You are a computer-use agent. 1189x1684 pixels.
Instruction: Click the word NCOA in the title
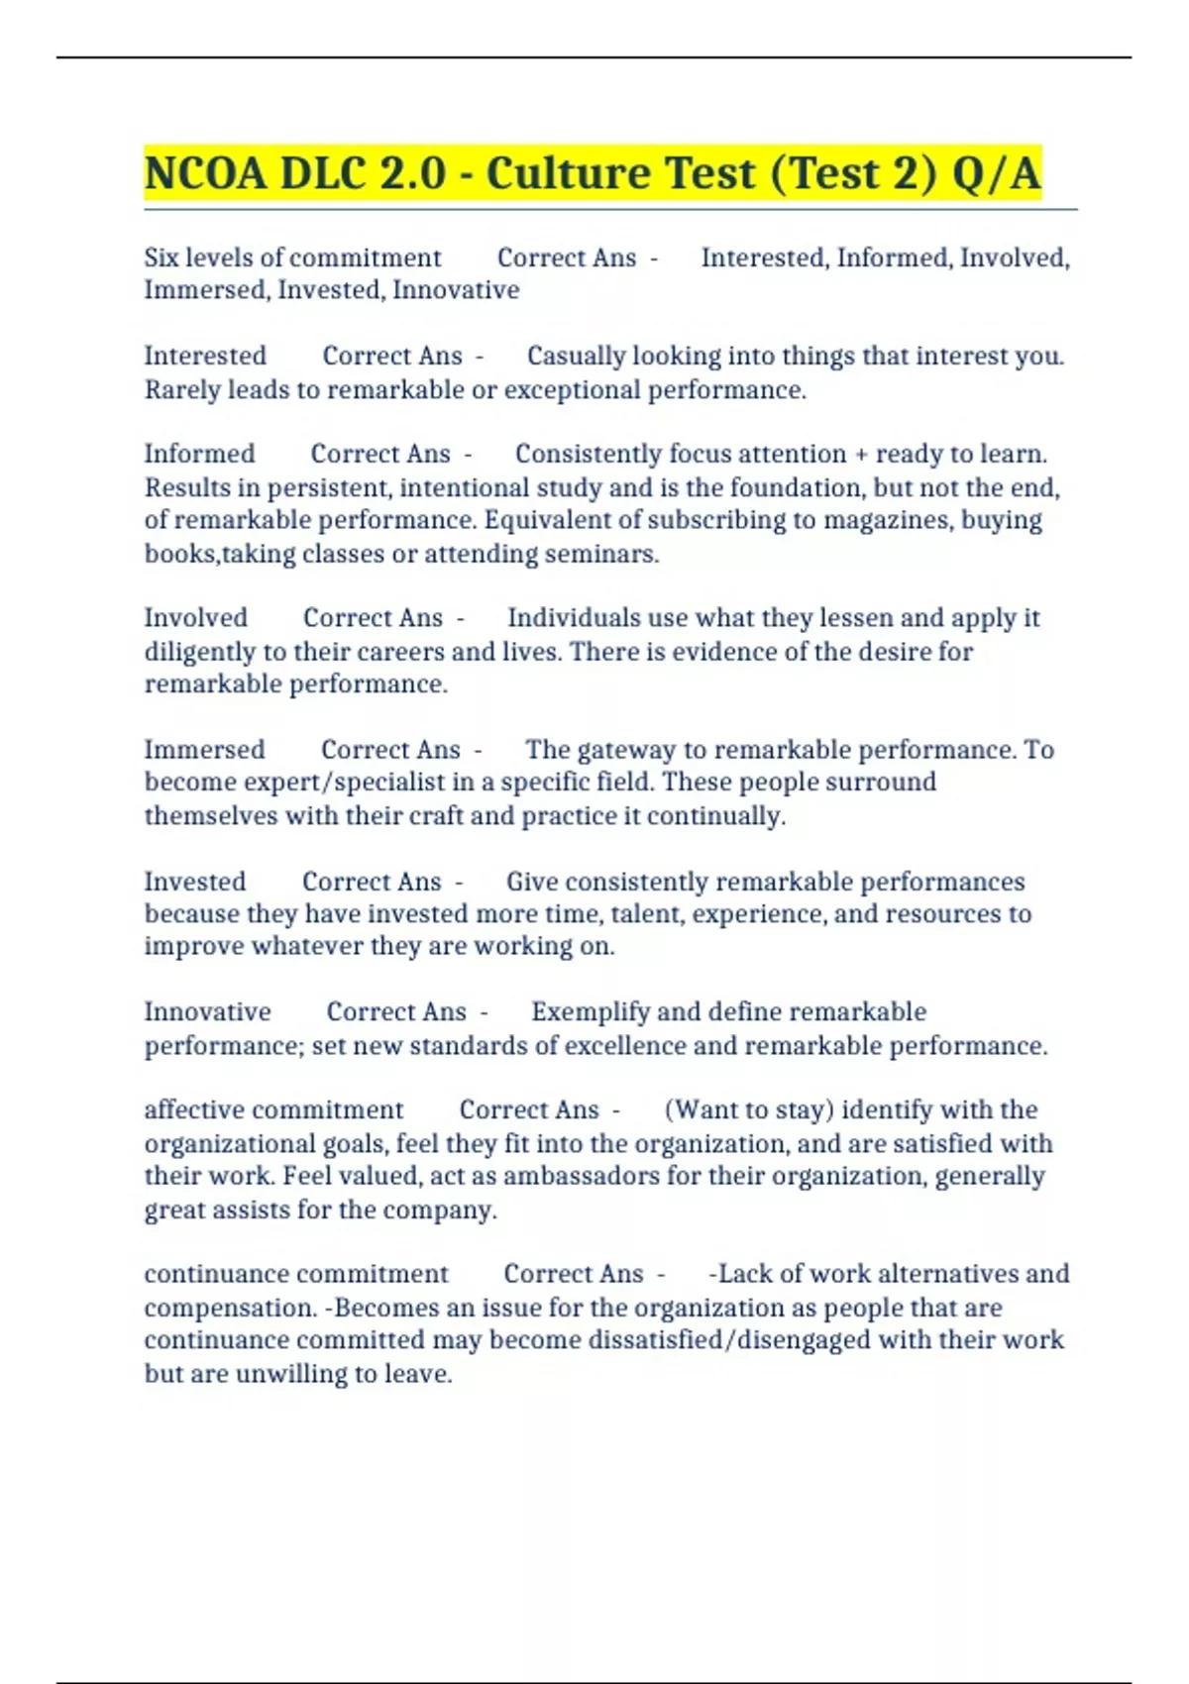(x=205, y=173)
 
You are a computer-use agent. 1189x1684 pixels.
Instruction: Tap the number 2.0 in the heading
(x=412, y=173)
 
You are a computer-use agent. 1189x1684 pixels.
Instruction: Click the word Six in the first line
(x=162, y=258)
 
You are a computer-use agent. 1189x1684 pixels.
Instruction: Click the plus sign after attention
(x=860, y=454)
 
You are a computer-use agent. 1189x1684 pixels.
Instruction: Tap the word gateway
(x=621, y=750)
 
